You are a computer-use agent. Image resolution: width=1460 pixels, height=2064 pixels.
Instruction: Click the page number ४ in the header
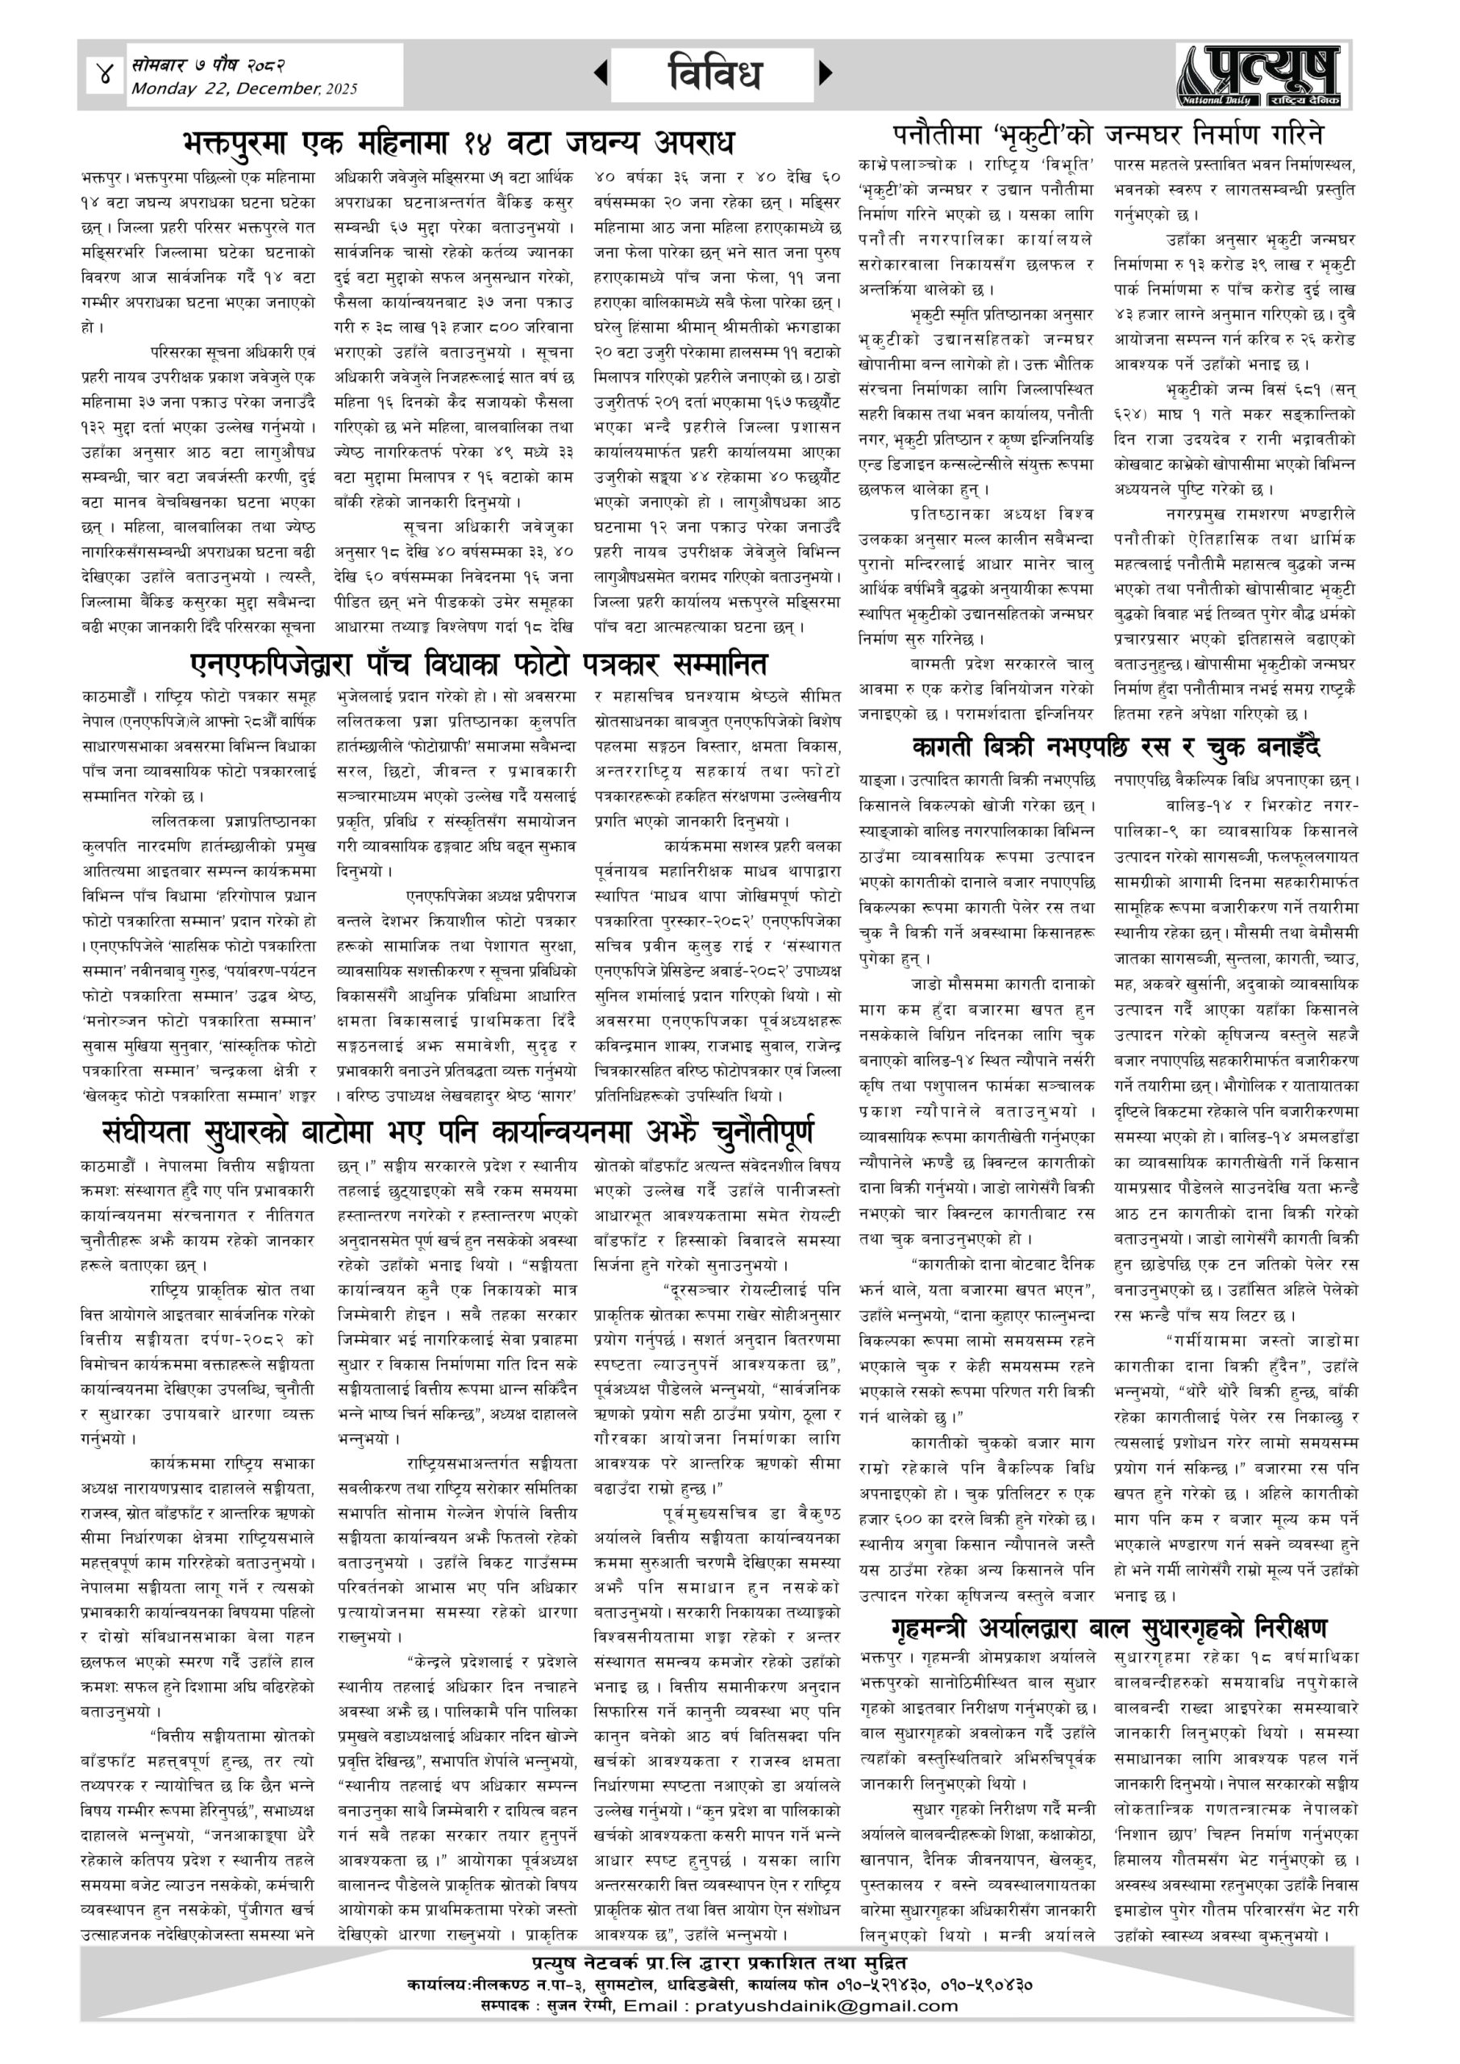104,73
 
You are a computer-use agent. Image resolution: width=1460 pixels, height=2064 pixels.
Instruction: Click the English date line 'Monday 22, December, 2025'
243,89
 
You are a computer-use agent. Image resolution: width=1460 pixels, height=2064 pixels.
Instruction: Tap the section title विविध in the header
715,73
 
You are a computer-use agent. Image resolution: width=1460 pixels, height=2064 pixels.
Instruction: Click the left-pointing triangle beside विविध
601,73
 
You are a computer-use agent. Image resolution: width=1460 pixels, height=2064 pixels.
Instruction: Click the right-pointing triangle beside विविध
826,72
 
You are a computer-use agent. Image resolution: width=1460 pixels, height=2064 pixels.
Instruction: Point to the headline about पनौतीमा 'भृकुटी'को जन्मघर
1108,135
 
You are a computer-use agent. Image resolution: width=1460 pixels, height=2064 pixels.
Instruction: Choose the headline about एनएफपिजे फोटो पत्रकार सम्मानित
479,664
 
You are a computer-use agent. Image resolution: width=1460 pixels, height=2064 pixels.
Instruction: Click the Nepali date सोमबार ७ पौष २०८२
209,65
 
